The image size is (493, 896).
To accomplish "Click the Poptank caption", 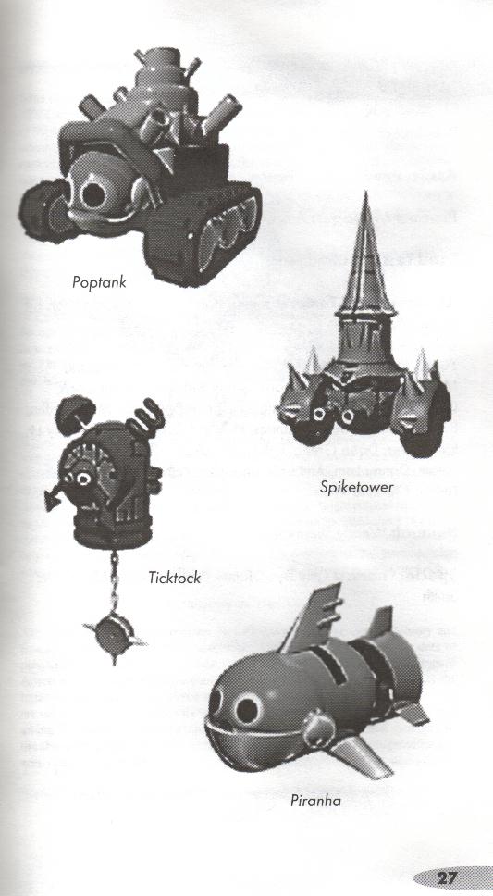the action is tap(99, 281).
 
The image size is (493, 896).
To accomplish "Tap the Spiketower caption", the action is tap(357, 488).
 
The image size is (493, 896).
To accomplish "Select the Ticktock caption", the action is tap(174, 578).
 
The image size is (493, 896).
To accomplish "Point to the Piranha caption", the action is tap(315, 801).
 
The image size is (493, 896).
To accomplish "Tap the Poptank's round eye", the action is tap(93, 195).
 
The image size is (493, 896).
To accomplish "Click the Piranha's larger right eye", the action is tap(248, 709).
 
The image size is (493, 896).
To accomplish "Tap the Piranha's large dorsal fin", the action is tap(314, 620).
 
